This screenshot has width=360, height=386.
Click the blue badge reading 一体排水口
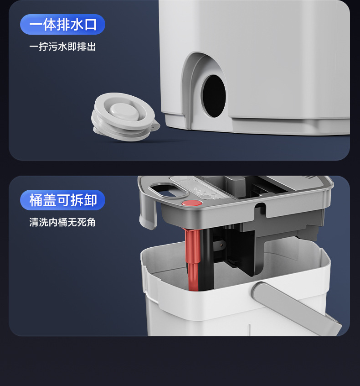click(x=62, y=25)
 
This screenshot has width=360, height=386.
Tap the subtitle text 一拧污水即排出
click(x=62, y=47)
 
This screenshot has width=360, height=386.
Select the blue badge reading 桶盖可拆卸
click(x=62, y=200)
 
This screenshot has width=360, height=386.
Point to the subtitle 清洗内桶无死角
click(x=62, y=223)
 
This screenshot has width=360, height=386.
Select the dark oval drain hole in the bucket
click(x=213, y=96)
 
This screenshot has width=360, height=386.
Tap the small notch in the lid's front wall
click(x=260, y=210)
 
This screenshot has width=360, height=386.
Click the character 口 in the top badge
click(x=91, y=25)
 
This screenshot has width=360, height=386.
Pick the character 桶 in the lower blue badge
click(x=36, y=200)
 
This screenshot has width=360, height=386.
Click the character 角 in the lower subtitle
click(x=91, y=223)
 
